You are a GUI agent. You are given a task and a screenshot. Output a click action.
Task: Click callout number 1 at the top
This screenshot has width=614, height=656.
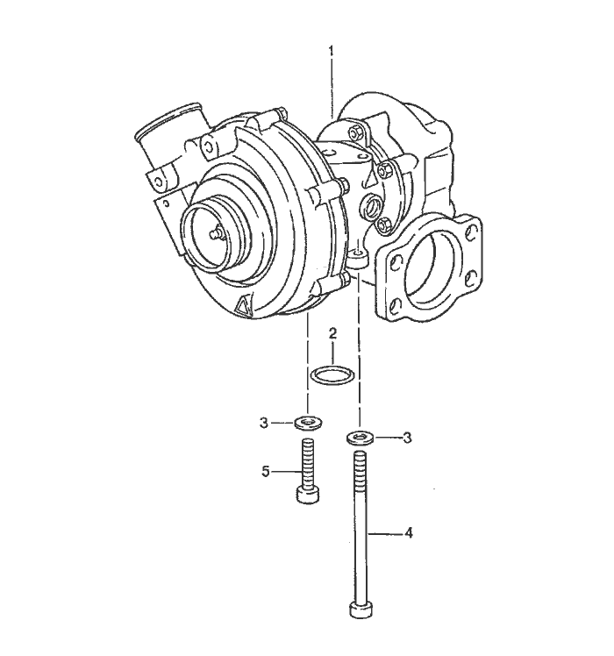(x=331, y=52)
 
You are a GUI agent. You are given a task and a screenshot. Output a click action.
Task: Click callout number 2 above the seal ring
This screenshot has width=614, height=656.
(x=332, y=333)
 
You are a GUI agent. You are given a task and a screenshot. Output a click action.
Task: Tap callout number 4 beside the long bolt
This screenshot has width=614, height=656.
(x=409, y=533)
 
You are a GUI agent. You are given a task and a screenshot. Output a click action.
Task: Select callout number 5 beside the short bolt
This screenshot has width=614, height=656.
(x=266, y=472)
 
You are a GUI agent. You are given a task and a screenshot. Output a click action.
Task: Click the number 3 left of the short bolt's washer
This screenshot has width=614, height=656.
(x=263, y=423)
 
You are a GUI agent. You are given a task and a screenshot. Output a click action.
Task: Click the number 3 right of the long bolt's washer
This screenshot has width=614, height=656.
(x=407, y=438)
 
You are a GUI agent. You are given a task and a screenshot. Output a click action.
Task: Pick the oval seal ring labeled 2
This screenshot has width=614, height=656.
(x=333, y=374)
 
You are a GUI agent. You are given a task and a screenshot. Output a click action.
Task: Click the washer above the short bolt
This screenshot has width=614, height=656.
(x=309, y=423)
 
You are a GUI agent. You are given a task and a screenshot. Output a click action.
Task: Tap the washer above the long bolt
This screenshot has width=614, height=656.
(x=360, y=438)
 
